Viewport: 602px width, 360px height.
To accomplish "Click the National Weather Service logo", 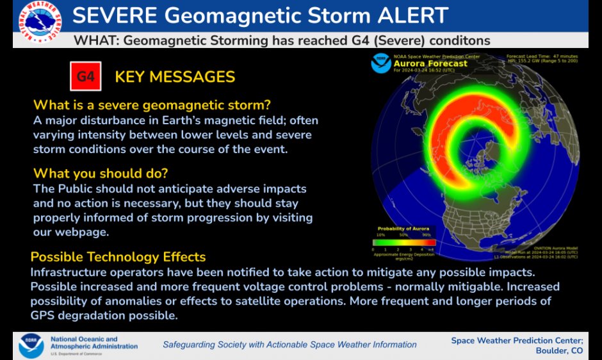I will (37, 24).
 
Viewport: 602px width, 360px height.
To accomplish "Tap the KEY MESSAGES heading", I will (175, 78).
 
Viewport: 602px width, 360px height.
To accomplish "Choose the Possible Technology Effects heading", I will (118, 257).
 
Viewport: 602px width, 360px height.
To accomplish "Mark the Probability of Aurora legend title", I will (403, 229).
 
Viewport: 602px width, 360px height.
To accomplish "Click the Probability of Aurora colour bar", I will (403, 242).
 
